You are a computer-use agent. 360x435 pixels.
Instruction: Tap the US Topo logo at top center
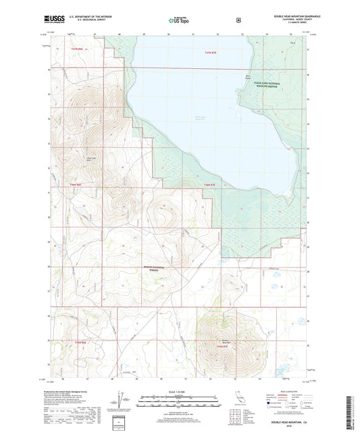[178, 22]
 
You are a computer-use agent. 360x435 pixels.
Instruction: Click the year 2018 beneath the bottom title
[288, 424]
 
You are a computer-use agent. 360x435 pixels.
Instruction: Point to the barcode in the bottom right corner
[350, 413]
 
